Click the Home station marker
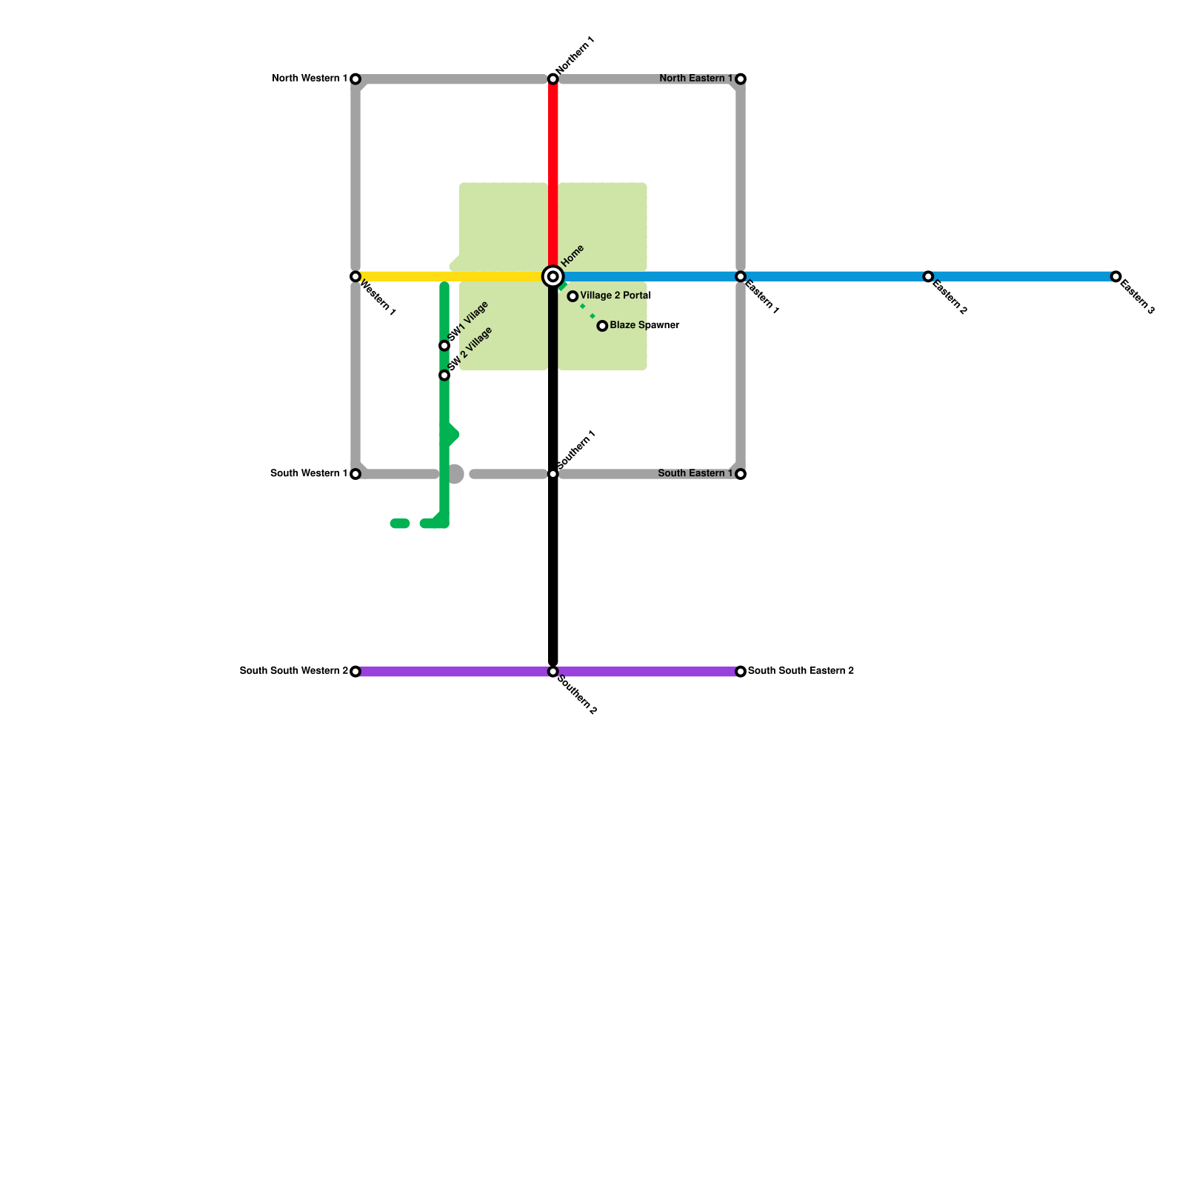553,276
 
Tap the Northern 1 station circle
553,79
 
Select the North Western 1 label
310,79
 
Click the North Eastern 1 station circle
740,79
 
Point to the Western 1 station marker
355,276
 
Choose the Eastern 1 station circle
740,276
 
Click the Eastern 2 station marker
928,276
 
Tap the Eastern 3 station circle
1115,276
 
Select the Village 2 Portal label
615,296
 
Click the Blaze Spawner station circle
602,326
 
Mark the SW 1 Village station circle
444,346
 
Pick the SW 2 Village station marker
444,375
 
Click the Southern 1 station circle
553,474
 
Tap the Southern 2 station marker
553,672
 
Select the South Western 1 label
309,473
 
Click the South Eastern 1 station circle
740,474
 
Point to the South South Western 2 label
294,671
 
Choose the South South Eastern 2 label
801,671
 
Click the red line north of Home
553,170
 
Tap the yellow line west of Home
452,276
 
